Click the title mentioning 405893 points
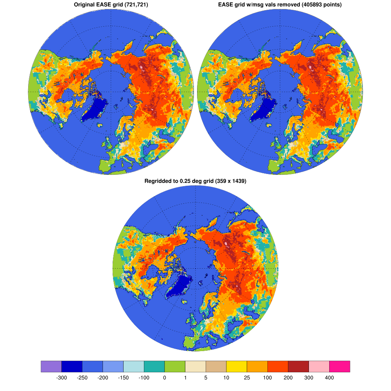tap(280, 5)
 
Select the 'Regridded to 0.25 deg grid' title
tap(195, 181)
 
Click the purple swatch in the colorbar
tap(51, 366)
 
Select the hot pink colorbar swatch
tap(339, 366)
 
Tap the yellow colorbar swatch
tap(237, 366)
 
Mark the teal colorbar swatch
tap(154, 366)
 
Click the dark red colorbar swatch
tap(298, 366)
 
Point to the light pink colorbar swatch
tap(319, 366)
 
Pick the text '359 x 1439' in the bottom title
tap(230, 181)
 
